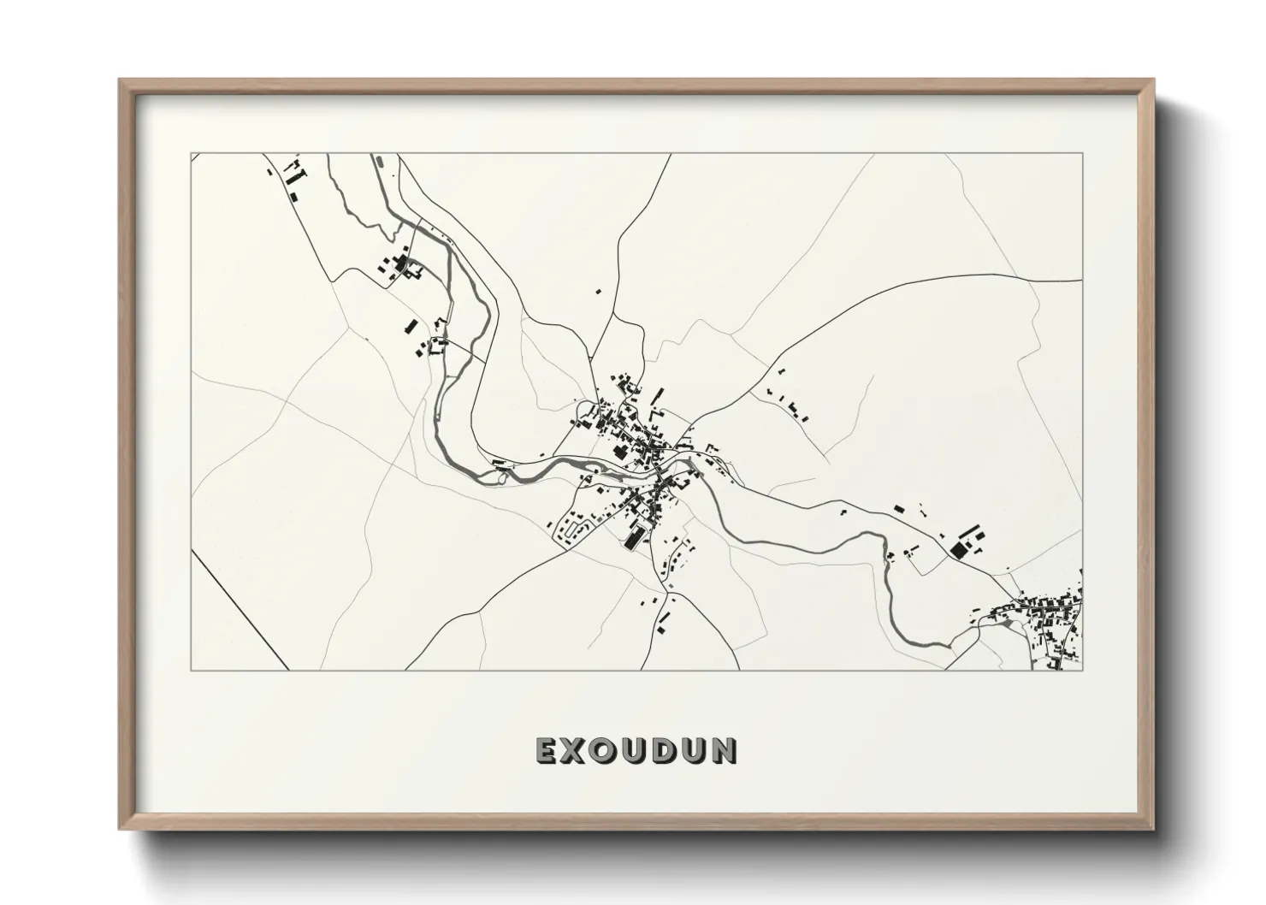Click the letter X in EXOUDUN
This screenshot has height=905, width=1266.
click(x=577, y=750)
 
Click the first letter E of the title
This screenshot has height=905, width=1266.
click(x=548, y=750)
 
